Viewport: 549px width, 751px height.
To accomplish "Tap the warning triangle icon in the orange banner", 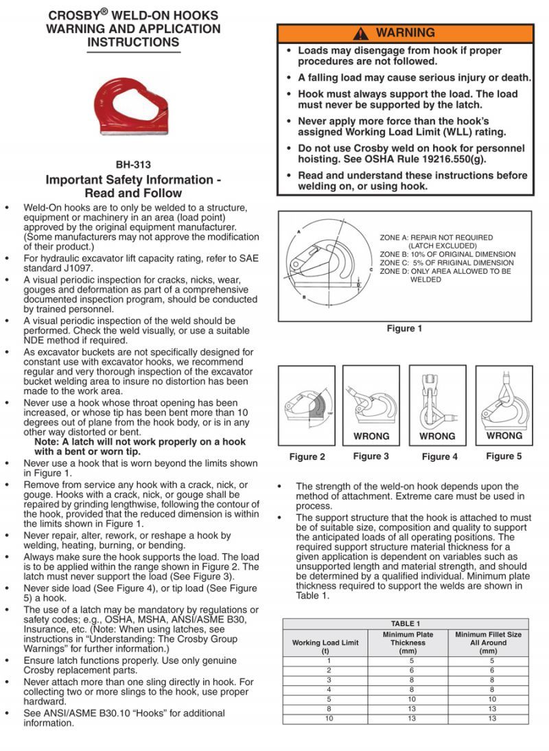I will coord(361,33).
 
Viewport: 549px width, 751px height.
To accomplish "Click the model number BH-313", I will coord(133,165).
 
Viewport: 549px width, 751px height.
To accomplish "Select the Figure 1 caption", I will coord(405,328).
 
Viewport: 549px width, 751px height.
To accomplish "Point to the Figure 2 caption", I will coord(307,457).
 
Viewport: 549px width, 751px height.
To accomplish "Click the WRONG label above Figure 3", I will coord(371,436).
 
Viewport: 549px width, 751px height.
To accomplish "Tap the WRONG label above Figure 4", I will coord(437,436).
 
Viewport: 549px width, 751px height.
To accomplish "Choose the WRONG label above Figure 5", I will coord(504,435).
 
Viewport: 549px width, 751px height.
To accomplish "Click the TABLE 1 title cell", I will coord(406,623).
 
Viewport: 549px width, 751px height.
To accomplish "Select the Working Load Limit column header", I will coord(325,643).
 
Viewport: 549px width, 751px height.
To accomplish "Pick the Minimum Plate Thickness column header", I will coord(408,643).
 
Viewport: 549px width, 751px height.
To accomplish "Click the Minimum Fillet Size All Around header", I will coord(489,643).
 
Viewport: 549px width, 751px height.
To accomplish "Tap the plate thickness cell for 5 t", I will coord(408,699).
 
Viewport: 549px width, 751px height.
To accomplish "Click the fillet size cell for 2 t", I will coord(489,670).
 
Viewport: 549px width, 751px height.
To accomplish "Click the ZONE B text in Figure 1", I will coord(447,254).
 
